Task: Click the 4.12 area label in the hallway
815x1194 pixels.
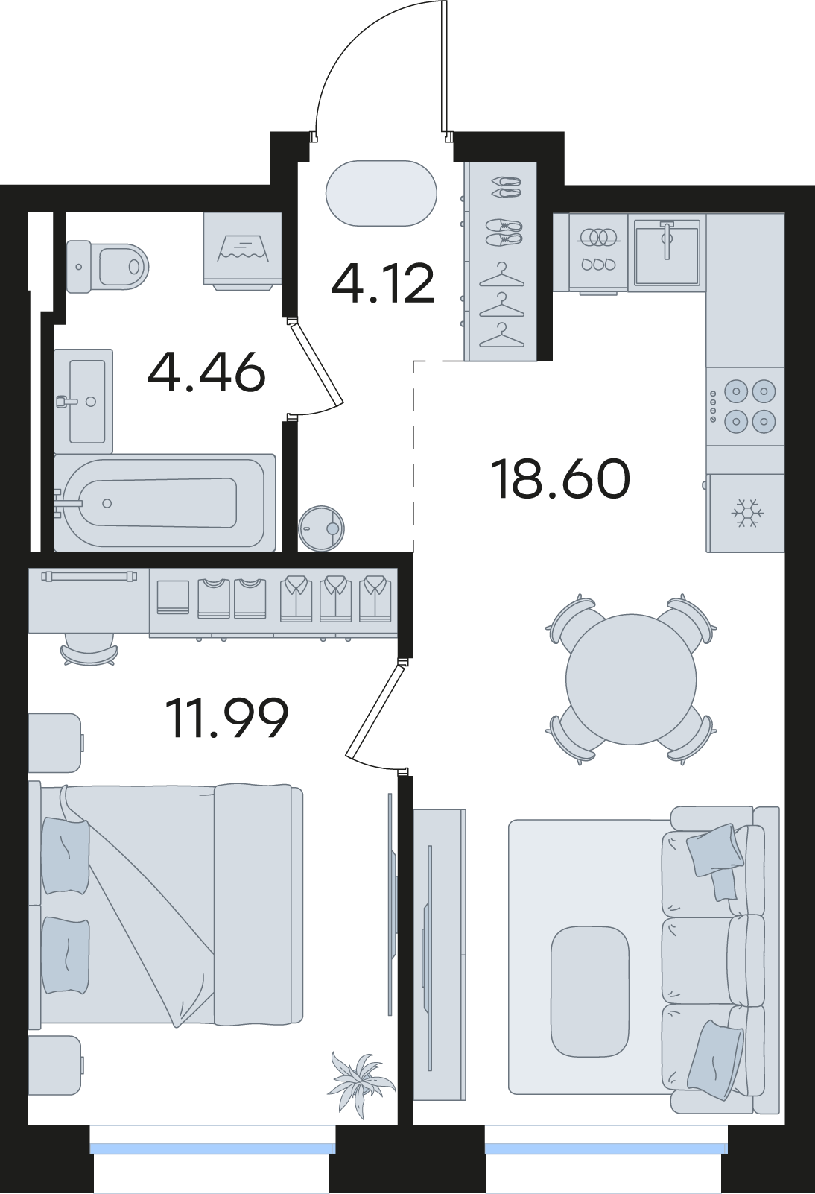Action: [x=382, y=285]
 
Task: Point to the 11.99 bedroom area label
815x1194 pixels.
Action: [x=227, y=718]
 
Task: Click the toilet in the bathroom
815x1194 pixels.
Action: [x=107, y=266]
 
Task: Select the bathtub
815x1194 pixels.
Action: [x=165, y=502]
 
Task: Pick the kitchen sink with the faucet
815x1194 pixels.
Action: [x=667, y=252]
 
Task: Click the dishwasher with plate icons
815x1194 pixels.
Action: [x=597, y=253]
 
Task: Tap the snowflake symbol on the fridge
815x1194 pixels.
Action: [x=747, y=514]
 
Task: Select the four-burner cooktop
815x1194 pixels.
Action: [x=745, y=406]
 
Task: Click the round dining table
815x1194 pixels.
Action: [x=631, y=680]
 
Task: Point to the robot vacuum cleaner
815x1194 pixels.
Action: [x=322, y=528]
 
